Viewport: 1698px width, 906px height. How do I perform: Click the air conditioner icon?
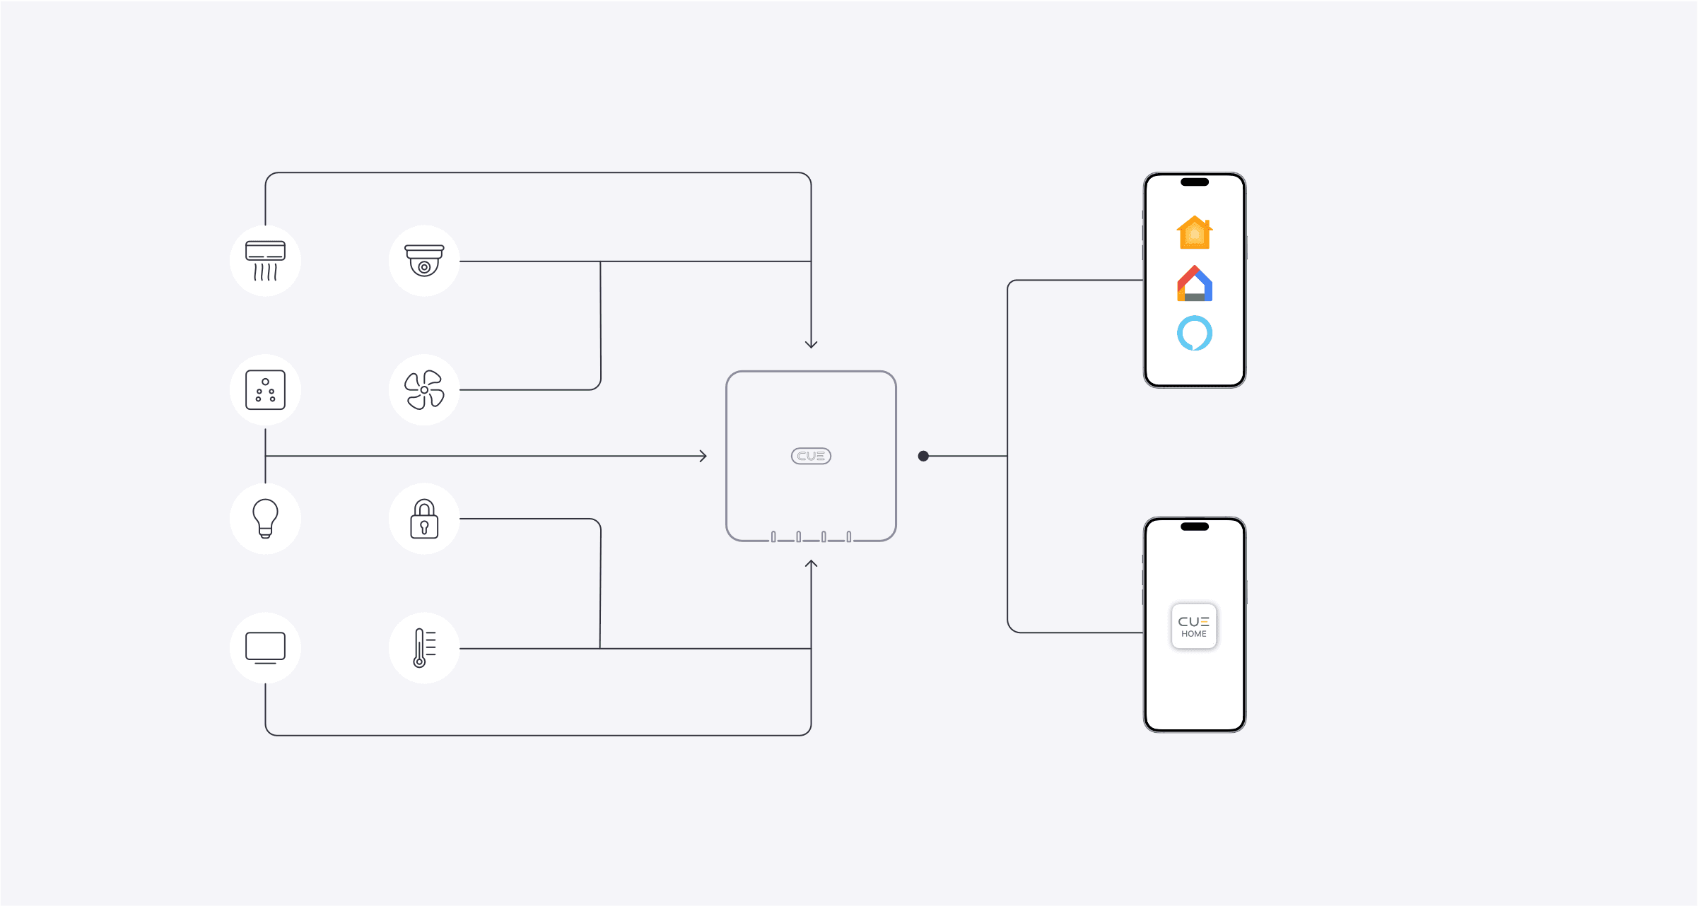265,261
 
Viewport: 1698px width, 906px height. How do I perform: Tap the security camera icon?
424,261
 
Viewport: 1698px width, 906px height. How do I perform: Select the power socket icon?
265,389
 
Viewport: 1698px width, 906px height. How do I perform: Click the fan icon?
424,389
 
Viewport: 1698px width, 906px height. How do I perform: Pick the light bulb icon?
265,518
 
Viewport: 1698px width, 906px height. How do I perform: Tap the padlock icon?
424,519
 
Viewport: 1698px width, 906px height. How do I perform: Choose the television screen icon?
265,647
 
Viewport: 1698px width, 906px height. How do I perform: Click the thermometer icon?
424,647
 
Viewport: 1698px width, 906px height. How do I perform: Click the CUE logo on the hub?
811,456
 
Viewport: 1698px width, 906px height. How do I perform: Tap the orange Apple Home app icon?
1195,233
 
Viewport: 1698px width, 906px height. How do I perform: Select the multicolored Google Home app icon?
1195,283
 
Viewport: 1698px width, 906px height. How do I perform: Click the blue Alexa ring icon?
1195,333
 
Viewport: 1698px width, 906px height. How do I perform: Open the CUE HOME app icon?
1194,625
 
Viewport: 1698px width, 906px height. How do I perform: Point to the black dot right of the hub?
923,456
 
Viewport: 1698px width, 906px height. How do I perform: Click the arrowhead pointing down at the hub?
811,345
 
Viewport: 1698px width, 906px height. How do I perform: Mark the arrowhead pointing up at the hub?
811,564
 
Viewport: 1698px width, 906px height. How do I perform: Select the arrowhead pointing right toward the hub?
703,456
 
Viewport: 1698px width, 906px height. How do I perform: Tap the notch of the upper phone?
1195,182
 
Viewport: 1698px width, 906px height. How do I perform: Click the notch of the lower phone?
1195,526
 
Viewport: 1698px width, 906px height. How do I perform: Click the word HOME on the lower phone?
1194,634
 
